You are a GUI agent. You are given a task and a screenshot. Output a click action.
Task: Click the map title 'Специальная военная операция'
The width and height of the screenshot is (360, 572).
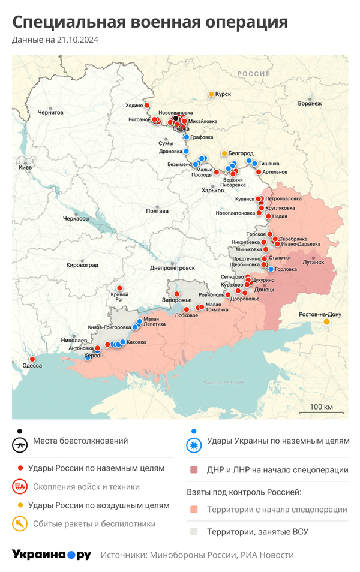pyautogui.click(x=150, y=22)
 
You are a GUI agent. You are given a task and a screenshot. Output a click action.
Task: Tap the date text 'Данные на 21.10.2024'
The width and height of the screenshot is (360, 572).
pyautogui.click(x=55, y=40)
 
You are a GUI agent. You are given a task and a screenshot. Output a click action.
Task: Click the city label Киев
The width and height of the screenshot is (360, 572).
pyautogui.click(x=25, y=167)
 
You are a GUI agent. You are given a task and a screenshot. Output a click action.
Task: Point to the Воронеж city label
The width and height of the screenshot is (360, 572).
pyautogui.click(x=310, y=103)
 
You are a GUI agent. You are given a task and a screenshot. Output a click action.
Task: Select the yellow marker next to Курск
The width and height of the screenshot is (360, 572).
pyautogui.click(x=211, y=94)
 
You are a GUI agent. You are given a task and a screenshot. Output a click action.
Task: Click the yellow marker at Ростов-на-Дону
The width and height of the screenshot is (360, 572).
pyautogui.click(x=327, y=322)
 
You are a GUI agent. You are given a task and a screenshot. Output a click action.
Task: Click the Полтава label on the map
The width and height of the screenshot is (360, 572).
pyautogui.click(x=157, y=211)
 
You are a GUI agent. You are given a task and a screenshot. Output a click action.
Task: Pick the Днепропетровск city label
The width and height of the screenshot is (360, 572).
pyautogui.click(x=172, y=267)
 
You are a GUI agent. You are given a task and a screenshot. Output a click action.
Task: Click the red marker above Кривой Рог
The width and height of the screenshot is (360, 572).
pyautogui.click(x=120, y=288)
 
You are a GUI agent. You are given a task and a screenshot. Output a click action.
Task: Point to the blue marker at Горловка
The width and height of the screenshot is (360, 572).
pyautogui.click(x=271, y=269)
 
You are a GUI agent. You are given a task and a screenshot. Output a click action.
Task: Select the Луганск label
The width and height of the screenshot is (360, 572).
pyautogui.click(x=313, y=262)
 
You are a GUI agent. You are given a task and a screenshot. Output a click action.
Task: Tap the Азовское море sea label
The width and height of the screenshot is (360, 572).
pyautogui.click(x=223, y=382)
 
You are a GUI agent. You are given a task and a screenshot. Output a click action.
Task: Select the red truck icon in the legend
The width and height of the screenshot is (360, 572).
pyautogui.click(x=20, y=486)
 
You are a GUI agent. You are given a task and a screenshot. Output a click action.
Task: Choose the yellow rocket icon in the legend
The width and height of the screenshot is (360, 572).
pyautogui.click(x=20, y=524)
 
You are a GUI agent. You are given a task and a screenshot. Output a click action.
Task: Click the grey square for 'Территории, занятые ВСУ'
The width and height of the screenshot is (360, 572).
pyautogui.click(x=193, y=531)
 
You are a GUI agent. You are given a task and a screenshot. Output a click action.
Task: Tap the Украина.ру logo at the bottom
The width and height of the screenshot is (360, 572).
pyautogui.click(x=52, y=555)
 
